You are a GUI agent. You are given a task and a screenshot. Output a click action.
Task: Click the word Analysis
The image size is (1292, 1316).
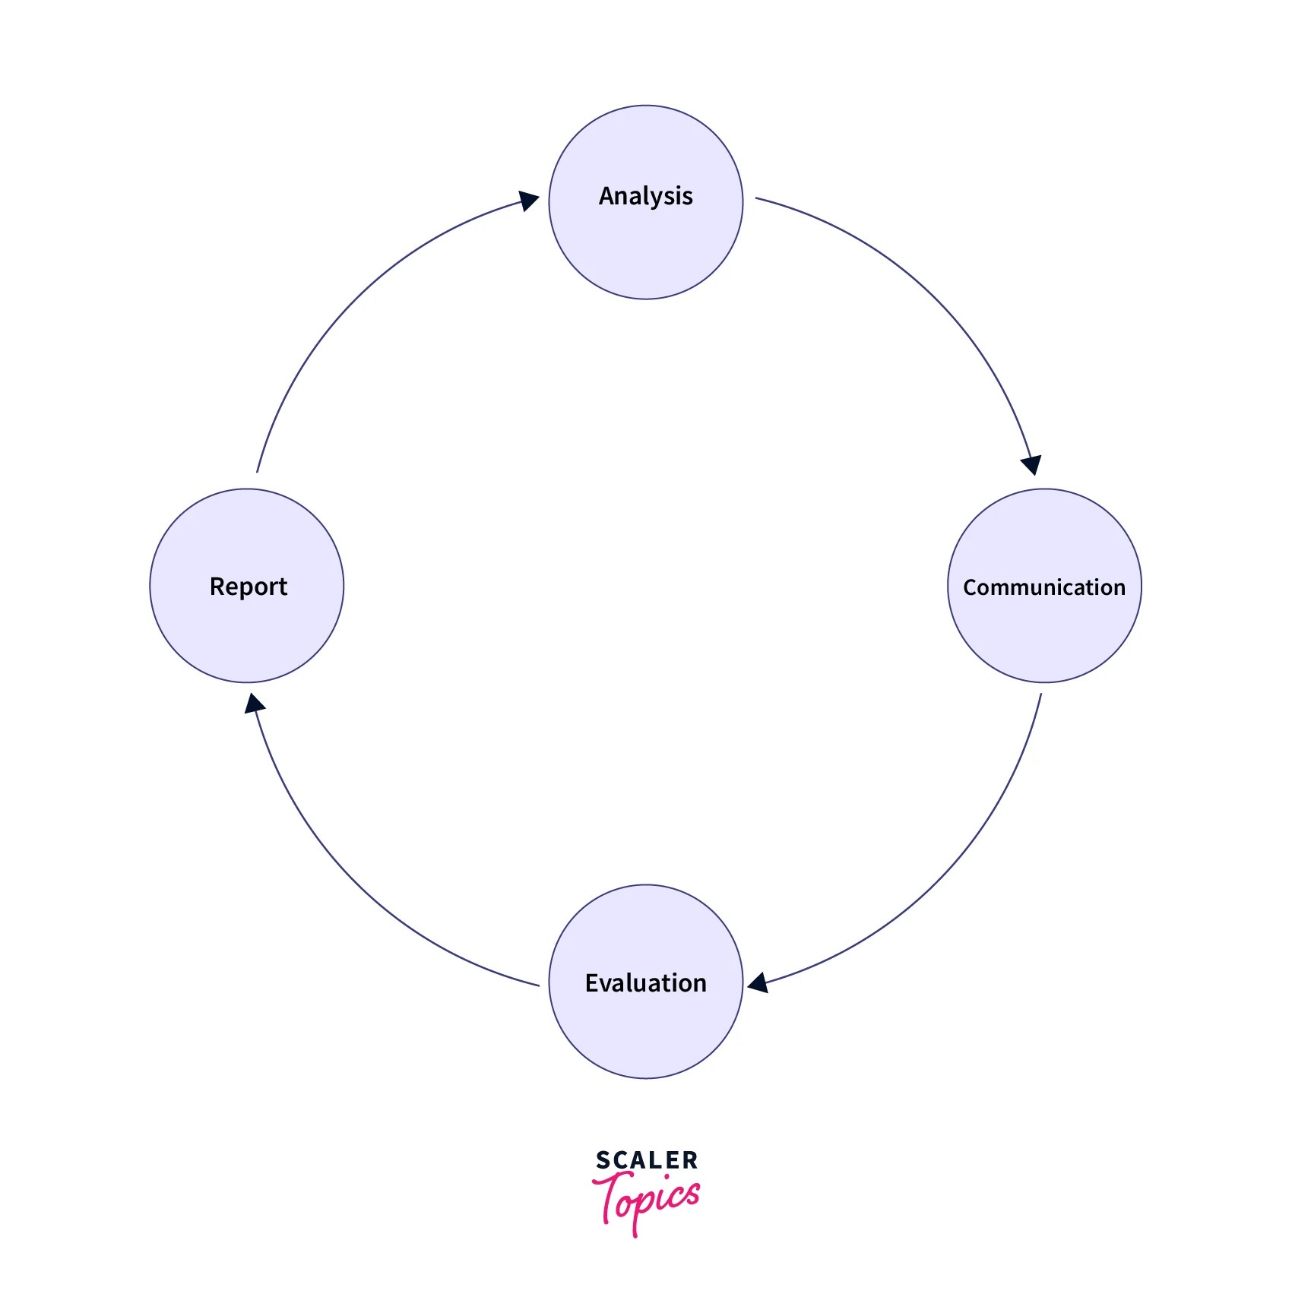point(645,196)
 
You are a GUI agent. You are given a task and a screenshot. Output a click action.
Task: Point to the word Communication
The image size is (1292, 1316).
point(1044,587)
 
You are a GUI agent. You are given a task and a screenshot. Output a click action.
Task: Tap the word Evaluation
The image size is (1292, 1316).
point(645,983)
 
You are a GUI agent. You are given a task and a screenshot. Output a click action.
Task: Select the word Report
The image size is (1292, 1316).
point(248,587)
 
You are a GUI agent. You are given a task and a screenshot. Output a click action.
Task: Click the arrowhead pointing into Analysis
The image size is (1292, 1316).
point(529,201)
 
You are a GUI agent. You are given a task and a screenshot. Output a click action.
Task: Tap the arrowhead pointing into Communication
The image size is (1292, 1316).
point(1032,464)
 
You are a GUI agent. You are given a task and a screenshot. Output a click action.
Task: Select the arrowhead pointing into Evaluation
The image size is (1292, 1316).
point(758,983)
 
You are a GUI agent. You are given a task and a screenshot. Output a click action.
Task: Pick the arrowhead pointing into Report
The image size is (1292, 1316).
point(254,704)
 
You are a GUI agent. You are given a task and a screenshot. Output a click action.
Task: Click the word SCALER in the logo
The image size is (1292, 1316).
point(647,1160)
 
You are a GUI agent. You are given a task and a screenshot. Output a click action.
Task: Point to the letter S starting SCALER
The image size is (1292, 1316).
point(602,1160)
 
